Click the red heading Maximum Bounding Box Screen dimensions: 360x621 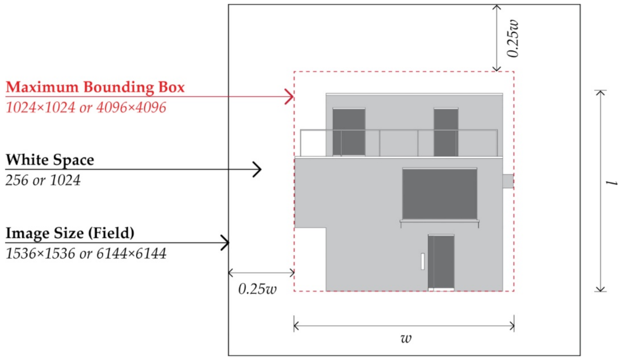pos(95,87)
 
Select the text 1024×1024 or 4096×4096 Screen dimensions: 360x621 pos(86,108)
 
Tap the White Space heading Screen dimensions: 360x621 pos(50,160)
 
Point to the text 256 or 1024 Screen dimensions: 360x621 pos(43,181)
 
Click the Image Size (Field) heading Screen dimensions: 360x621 pos(70,234)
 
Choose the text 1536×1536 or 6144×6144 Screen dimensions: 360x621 pos(86,254)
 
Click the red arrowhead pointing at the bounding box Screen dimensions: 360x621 pos(289,96)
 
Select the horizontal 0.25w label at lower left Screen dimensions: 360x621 pos(257,289)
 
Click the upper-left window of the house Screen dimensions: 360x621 pos(348,132)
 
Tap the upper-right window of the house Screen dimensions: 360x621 pos(446,132)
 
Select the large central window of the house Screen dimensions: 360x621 pos(439,194)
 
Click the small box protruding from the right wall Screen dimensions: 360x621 pos(508,181)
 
